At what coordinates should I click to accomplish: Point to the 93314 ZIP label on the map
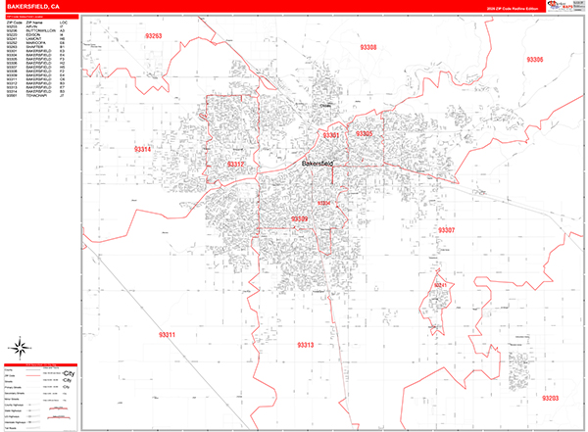(x=142, y=148)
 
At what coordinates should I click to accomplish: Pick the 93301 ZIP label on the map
(x=331, y=135)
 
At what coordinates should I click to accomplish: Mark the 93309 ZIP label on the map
(x=300, y=218)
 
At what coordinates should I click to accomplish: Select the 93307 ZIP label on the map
(x=446, y=229)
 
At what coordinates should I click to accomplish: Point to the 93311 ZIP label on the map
(x=167, y=335)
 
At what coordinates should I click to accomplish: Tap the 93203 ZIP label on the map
(x=549, y=398)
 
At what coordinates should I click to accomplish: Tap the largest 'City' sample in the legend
(x=69, y=373)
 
